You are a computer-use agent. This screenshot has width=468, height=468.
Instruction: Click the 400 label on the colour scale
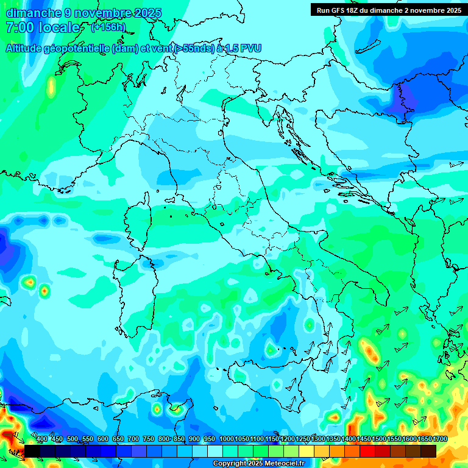tap(42, 439)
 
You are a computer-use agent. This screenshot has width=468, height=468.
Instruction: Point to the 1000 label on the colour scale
tap(227, 439)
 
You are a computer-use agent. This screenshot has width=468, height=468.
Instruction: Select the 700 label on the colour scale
tap(133, 439)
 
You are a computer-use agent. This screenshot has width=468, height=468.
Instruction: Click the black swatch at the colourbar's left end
tap(32, 451)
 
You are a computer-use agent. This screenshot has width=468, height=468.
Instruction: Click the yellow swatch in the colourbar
tap(307, 451)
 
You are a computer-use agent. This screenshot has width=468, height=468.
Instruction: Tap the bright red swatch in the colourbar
tap(367, 451)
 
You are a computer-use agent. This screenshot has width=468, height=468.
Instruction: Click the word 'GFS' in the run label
tap(342, 10)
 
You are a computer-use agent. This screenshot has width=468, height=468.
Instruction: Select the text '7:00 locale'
tap(43, 27)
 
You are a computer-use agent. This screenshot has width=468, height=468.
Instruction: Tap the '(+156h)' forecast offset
tap(108, 27)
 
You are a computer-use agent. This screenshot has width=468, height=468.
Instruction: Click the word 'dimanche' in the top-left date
tap(34, 13)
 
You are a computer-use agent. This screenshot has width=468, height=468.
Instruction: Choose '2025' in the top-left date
tap(148, 13)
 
